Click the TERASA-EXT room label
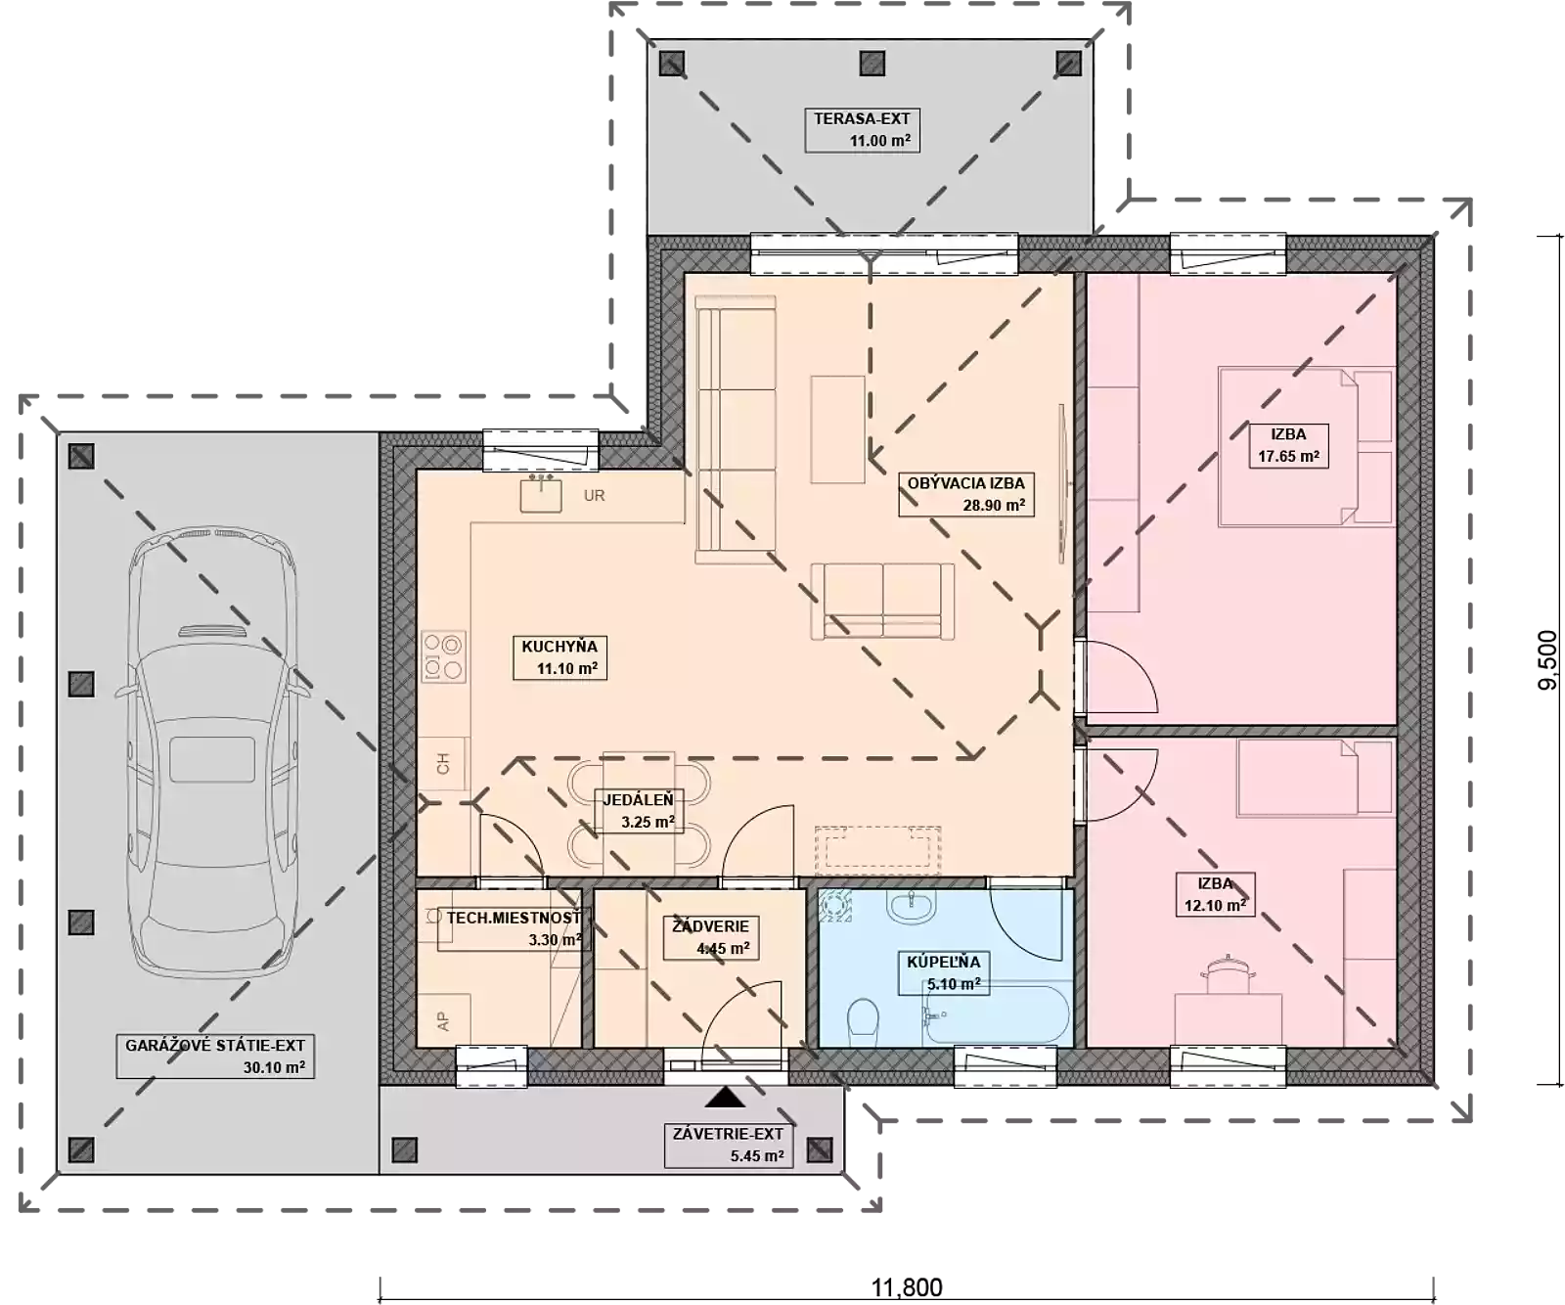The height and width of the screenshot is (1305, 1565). coord(862,129)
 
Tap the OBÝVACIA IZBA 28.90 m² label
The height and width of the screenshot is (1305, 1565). coord(966,494)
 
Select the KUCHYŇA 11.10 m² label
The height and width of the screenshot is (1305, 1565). coord(559,657)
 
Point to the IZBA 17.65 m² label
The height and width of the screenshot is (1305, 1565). coord(1288,445)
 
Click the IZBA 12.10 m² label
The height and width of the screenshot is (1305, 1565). coord(1215,894)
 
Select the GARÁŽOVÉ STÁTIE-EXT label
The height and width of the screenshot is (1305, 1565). coord(215,1057)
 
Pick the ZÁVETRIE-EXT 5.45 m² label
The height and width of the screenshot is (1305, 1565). coord(728,1146)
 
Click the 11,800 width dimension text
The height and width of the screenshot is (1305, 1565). coord(907,1287)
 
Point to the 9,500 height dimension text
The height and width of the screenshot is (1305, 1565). coord(1547,660)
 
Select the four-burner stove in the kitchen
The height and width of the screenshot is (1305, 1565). coord(443,656)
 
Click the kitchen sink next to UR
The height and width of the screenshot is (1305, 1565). coord(541,495)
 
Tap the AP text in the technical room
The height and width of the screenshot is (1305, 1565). coord(443,1022)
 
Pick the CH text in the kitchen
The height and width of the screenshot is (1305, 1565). coord(443,764)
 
